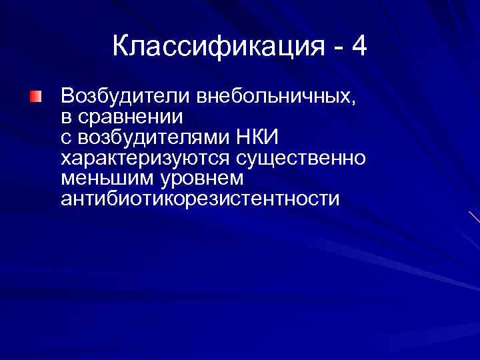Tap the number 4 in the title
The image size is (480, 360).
359,47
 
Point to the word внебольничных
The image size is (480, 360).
273,97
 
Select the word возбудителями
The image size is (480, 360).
155,138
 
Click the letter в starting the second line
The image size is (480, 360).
65,119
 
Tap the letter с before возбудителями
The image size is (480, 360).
65,139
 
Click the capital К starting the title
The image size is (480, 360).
120,47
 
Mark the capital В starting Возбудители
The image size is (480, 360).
67,97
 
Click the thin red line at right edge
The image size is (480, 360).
474,217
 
